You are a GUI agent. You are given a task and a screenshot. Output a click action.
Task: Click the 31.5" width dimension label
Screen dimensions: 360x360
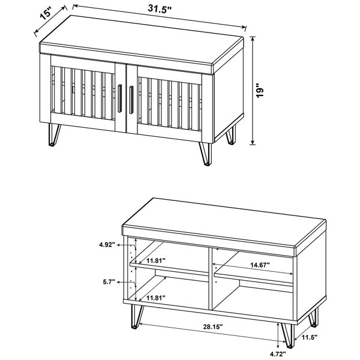(160, 9)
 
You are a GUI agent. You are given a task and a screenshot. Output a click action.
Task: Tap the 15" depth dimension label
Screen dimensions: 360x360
(46, 13)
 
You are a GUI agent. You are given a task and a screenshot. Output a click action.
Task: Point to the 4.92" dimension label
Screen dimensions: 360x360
(107, 245)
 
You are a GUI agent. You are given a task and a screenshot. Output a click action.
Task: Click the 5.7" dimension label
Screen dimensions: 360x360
(109, 282)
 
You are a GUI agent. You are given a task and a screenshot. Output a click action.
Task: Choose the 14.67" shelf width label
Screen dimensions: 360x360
(260, 265)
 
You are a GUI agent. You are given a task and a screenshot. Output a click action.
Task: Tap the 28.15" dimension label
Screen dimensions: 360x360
(213, 326)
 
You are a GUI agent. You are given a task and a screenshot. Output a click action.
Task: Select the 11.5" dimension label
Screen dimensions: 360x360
(310, 337)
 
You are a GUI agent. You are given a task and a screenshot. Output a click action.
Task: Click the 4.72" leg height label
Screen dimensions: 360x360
(278, 354)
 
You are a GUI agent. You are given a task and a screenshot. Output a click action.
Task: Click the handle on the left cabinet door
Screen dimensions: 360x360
(119, 98)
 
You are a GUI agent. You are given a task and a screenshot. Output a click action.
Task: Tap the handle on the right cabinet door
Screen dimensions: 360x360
(131, 100)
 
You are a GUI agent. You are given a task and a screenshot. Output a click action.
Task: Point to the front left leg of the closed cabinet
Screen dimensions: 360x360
(54, 135)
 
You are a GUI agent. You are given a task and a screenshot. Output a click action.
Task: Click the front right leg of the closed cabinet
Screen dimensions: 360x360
(205, 154)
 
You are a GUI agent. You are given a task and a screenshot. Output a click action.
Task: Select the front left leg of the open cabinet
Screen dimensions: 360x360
(136, 317)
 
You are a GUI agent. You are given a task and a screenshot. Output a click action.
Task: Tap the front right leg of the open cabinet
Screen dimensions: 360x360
(287, 335)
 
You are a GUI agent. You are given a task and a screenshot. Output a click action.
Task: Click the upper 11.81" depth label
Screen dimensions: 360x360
(156, 260)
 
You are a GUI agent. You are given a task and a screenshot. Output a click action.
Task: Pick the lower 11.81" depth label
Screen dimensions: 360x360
(156, 298)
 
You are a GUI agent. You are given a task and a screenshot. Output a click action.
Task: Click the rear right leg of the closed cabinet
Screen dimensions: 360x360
(231, 136)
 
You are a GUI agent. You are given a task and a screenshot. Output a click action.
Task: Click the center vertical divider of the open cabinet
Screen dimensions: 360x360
(210, 279)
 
